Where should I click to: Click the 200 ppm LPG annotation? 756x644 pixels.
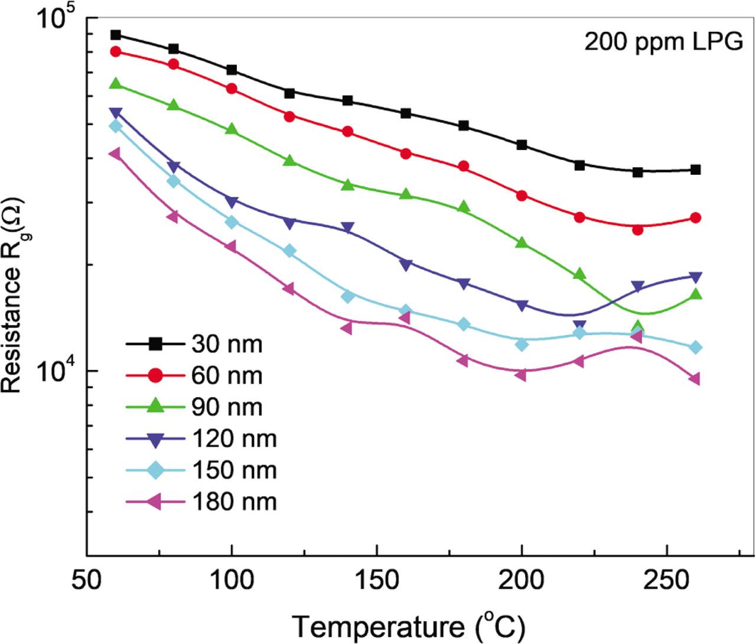click(x=663, y=42)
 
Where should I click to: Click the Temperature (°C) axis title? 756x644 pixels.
click(x=408, y=625)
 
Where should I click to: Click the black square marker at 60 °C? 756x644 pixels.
click(x=116, y=35)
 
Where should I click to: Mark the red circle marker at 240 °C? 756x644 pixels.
click(x=638, y=229)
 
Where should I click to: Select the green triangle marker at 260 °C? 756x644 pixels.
click(x=696, y=294)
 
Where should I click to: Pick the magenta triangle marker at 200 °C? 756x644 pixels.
click(x=521, y=375)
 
